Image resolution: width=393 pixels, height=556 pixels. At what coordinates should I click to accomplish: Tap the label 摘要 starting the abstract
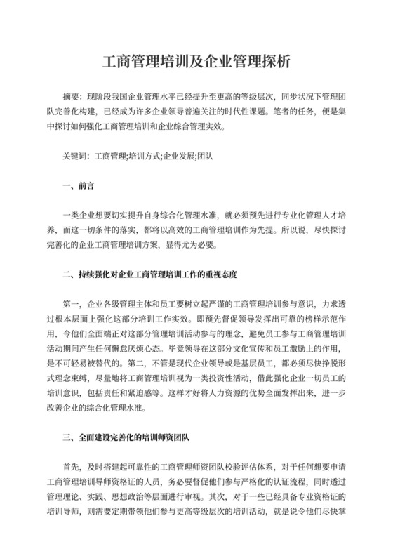(x=71, y=95)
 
